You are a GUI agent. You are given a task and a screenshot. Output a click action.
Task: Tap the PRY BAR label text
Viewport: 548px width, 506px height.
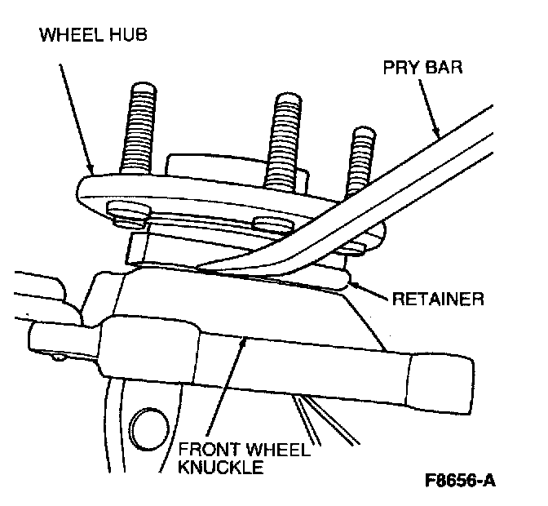point(422,66)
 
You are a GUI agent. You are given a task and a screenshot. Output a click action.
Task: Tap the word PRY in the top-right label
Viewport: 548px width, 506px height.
point(400,66)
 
